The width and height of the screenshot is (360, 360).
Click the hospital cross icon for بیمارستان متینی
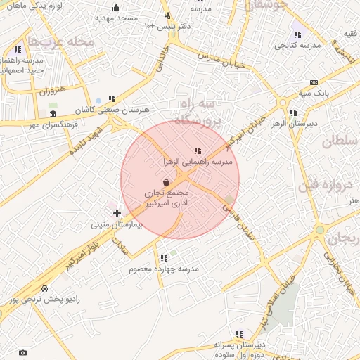point(117,213)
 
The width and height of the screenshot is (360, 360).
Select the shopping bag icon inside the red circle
point(165,182)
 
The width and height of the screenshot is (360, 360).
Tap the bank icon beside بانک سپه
point(313,82)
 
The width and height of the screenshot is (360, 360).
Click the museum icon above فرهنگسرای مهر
point(53,114)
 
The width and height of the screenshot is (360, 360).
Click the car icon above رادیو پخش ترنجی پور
point(45,288)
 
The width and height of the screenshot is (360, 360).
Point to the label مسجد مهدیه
point(115,17)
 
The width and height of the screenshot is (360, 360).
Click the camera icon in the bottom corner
point(22,352)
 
